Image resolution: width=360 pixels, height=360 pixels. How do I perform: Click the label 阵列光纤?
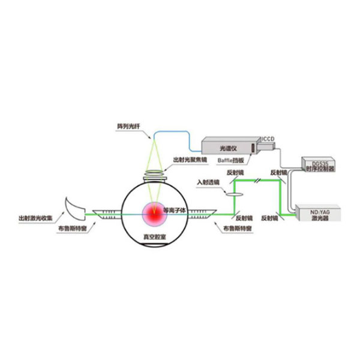point(128,127)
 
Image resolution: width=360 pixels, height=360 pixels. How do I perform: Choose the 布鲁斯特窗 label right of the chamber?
point(236,229)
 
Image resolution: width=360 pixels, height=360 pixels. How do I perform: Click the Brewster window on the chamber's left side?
point(107,211)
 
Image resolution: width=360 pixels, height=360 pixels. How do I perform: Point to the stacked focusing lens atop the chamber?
point(152,176)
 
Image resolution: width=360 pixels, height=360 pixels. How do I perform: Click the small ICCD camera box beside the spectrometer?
point(257,146)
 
